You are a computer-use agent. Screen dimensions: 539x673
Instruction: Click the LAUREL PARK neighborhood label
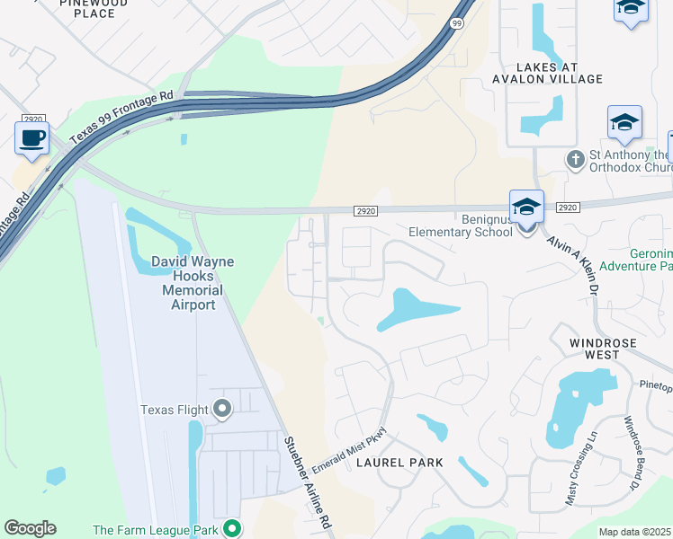399,463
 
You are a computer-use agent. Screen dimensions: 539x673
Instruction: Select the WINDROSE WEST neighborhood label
604,349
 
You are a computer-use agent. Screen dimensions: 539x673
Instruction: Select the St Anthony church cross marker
576,159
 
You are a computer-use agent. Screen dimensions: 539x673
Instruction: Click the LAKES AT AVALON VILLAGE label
560,73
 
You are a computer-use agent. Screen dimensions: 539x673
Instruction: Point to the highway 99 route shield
457,25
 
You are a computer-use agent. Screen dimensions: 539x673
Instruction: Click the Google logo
30,528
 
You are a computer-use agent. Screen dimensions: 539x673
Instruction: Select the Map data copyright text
635,532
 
